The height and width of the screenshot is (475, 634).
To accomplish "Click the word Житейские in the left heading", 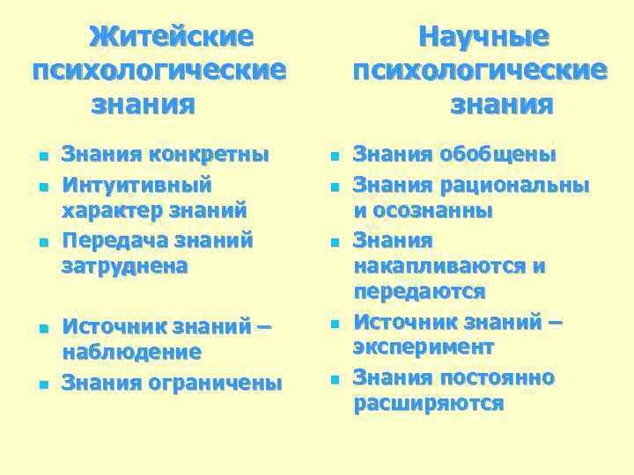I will [172, 37].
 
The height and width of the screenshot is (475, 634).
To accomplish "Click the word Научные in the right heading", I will [483, 37].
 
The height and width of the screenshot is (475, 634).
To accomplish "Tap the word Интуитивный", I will [136, 186].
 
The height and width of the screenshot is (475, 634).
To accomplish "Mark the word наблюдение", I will [132, 353].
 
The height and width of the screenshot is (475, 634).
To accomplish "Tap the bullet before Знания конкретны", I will [42, 157].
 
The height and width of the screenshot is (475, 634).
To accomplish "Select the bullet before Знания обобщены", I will [334, 157].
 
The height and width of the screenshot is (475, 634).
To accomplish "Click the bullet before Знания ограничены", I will [42, 385].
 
